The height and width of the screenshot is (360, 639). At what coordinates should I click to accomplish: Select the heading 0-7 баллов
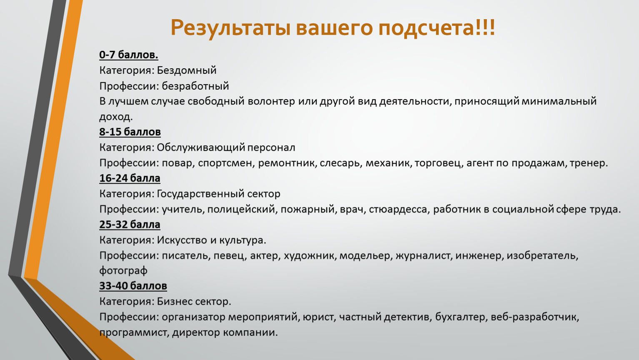click(x=129, y=55)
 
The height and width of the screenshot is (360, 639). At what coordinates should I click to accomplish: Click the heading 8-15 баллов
click(x=130, y=132)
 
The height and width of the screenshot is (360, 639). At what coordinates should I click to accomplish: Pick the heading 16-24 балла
click(x=130, y=178)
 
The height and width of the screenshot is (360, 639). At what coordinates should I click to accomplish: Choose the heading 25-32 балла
click(x=130, y=225)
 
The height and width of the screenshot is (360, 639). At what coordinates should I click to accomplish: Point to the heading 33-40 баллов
click(x=133, y=286)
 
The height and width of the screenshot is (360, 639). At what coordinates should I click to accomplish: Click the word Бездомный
click(x=187, y=70)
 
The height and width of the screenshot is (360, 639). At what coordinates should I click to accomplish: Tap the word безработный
click(x=195, y=86)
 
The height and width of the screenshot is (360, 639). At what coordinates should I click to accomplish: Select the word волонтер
click(x=271, y=101)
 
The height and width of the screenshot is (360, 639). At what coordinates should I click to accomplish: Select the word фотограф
click(x=123, y=271)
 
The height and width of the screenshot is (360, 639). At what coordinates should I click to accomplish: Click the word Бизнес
click(x=174, y=302)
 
